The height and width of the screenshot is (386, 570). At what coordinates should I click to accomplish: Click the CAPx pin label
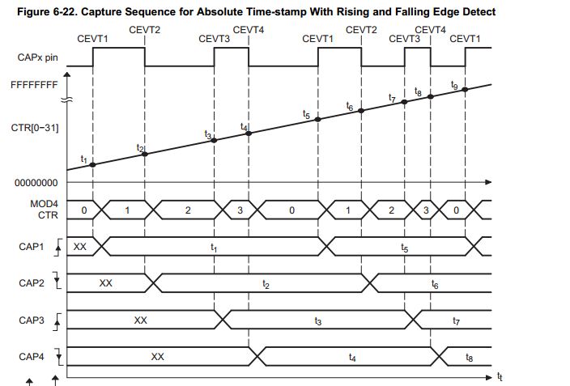(36, 59)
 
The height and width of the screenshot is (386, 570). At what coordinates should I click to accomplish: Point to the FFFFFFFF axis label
(33, 83)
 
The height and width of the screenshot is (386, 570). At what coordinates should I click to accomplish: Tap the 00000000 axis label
(36, 183)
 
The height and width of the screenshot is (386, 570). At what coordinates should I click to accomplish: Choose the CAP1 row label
(33, 247)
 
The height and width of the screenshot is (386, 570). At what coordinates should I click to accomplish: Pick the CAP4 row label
(33, 356)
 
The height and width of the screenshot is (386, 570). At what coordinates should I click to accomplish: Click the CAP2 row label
(33, 284)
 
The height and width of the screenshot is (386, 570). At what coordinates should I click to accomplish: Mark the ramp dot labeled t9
(466, 89)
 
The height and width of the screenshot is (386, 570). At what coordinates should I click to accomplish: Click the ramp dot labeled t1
(93, 164)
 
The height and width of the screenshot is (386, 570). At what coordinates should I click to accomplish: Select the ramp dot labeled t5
(318, 119)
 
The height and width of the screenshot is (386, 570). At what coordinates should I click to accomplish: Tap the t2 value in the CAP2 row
(265, 284)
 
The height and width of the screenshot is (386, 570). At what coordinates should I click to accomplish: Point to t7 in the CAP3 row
(457, 321)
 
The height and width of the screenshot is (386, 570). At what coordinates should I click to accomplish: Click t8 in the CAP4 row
(470, 357)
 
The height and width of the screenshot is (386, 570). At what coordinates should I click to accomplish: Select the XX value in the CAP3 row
(140, 320)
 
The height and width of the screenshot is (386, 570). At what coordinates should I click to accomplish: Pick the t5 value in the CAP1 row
(405, 248)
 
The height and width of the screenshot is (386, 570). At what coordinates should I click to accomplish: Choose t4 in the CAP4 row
(351, 357)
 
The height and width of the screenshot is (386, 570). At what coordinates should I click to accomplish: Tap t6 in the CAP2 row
(435, 284)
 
